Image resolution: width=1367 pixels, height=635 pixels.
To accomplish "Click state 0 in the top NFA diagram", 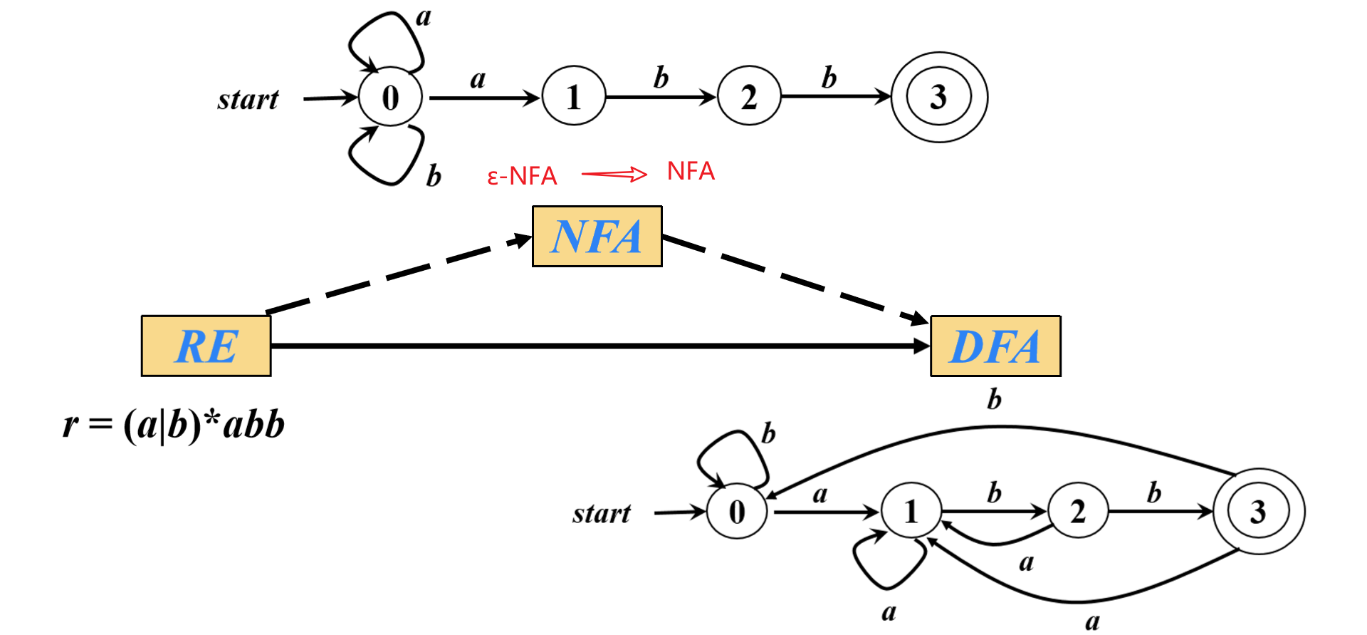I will point(390,98).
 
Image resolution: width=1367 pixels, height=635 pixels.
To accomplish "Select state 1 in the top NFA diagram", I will point(573,97).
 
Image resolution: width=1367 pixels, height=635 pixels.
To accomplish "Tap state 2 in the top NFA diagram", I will point(749,97).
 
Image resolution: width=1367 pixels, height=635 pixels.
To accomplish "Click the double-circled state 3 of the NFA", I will point(939,97).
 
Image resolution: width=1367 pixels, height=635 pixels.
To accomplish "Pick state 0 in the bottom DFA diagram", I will point(737,512).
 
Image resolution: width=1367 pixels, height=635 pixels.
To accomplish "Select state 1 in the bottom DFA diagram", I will point(911,511).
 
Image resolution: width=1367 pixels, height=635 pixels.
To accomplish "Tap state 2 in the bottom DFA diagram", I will point(1078,511).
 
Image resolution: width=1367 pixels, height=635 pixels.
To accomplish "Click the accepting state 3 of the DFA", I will point(1258,511).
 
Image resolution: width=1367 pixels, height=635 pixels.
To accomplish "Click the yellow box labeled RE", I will point(206,346).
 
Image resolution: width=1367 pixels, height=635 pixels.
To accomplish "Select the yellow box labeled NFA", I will point(597,237).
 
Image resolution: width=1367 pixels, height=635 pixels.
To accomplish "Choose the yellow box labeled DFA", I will point(995,346).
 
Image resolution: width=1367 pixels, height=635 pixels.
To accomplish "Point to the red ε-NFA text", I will point(522,176).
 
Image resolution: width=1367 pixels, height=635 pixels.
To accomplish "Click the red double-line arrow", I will point(614,174).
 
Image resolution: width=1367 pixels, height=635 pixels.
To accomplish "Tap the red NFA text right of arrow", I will point(691,171).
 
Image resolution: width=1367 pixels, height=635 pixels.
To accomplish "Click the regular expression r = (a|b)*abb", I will point(174,425).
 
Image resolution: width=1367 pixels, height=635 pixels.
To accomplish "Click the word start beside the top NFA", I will point(248,100).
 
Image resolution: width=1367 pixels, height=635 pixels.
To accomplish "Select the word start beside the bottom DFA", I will point(602,514).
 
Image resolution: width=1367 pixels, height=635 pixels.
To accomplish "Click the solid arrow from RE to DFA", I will point(598,346).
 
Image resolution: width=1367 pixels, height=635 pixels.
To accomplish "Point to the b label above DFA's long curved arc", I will point(994,400).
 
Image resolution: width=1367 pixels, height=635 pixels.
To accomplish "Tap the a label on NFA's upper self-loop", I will point(424,17).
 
